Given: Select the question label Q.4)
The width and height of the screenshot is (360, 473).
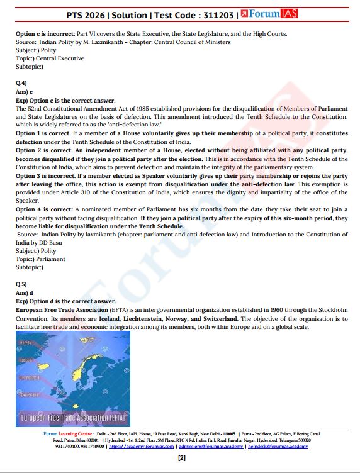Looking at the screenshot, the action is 22,83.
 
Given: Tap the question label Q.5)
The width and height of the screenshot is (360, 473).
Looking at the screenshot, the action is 22,284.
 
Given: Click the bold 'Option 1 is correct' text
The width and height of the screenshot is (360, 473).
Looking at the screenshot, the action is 42,134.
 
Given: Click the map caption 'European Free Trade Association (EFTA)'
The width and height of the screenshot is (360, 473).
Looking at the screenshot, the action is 74,417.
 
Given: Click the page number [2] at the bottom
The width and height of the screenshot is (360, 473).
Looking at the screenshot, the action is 181,458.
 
